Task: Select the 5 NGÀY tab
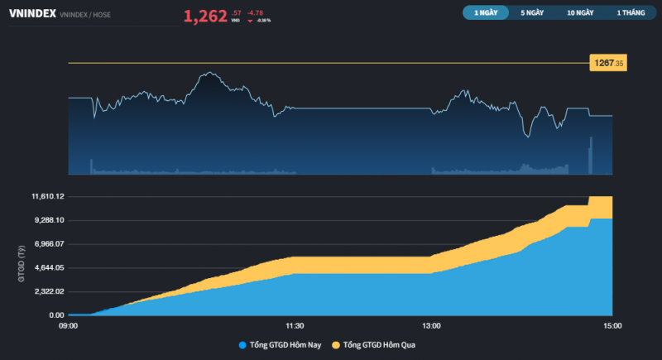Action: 533,13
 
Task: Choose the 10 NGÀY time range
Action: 580,13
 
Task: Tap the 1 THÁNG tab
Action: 631,13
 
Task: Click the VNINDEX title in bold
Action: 31,14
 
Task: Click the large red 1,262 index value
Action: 205,15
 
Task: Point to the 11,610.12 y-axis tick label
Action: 48,196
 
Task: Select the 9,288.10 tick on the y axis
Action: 50,220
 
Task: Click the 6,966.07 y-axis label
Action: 50,244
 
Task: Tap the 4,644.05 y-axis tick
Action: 50,268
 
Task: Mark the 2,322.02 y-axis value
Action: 50,291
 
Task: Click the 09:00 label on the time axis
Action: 68,326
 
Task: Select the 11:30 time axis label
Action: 295,326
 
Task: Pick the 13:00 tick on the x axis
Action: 431,326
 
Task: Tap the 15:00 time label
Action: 612,326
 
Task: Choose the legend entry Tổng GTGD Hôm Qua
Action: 378,344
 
